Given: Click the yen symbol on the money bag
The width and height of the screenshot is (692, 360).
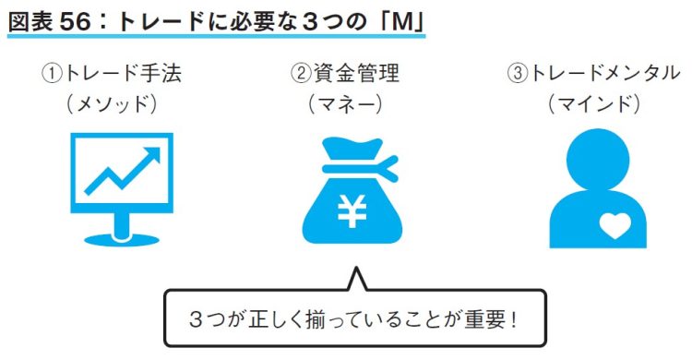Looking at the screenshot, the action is pyautogui.click(x=351, y=211).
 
